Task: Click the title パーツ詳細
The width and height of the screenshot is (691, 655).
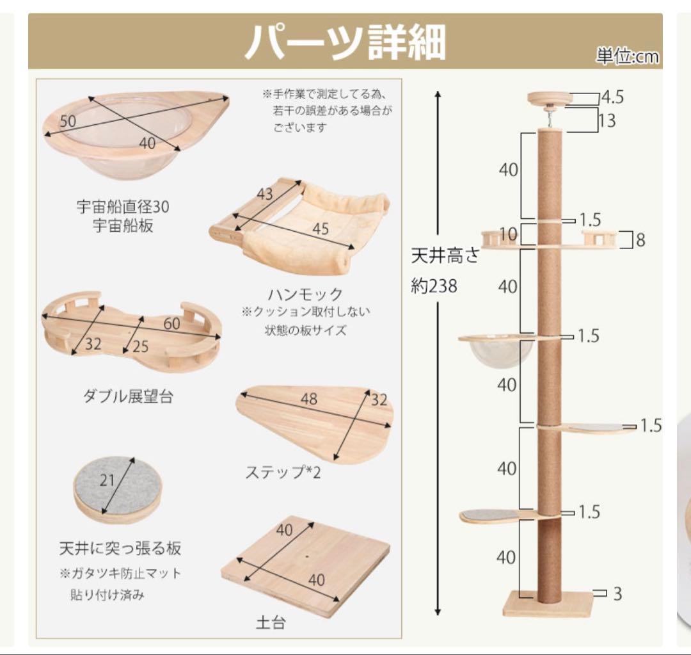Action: click(x=345, y=43)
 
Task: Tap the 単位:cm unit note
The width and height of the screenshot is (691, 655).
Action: click(x=626, y=58)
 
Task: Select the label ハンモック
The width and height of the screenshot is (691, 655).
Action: click(x=305, y=295)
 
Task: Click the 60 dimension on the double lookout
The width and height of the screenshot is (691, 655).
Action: click(x=171, y=324)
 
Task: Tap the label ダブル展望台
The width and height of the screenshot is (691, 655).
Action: click(x=128, y=397)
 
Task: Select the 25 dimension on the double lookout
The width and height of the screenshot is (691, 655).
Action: click(x=139, y=347)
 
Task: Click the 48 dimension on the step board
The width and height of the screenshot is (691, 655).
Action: click(x=309, y=400)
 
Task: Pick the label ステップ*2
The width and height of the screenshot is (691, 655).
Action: click(x=284, y=473)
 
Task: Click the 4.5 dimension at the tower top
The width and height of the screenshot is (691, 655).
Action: click(x=612, y=98)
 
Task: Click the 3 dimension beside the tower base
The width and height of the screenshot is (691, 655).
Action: click(x=617, y=594)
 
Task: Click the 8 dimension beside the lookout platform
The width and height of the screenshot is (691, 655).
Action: click(x=640, y=240)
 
